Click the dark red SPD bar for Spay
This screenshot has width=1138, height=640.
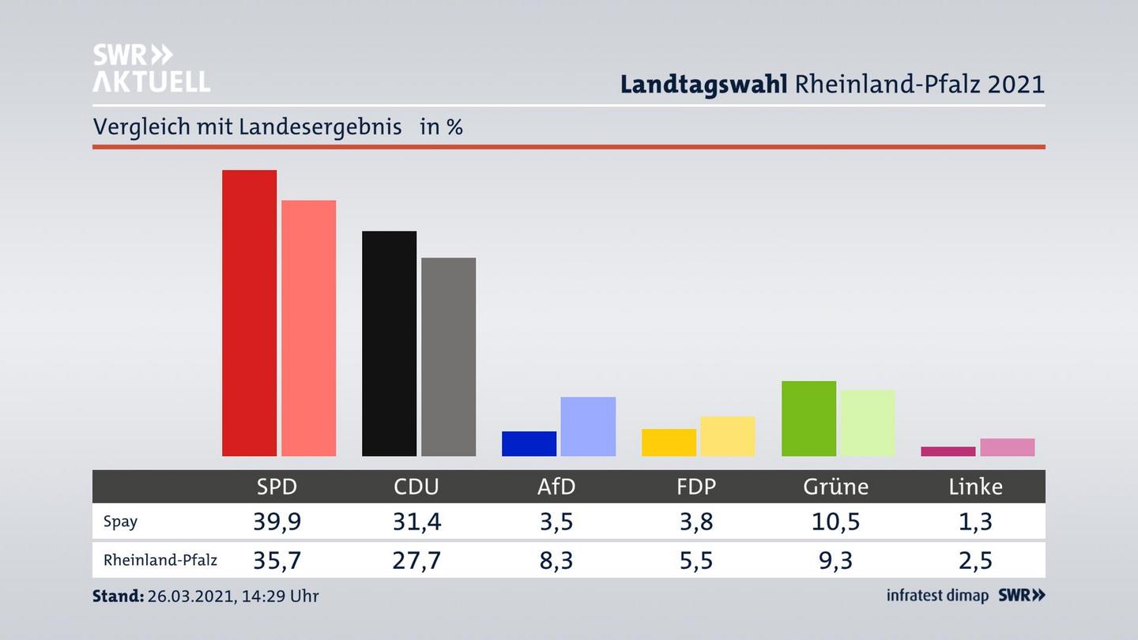[x=249, y=313]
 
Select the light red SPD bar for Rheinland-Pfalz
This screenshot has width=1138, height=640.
[x=308, y=328]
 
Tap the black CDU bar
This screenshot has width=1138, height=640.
[x=389, y=343]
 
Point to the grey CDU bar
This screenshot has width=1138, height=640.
[x=448, y=356]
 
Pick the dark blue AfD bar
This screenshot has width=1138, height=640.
[x=529, y=443]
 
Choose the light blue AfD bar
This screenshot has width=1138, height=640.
[x=588, y=426]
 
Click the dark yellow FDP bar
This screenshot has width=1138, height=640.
[x=669, y=442]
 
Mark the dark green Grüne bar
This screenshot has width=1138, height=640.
[x=808, y=418]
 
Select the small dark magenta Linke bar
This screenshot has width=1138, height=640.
[x=948, y=451]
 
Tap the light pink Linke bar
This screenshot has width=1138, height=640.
[x=1007, y=447]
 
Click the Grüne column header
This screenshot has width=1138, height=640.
[x=835, y=487]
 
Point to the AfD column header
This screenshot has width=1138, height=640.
[x=556, y=487]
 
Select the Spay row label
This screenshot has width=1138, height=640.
[x=120, y=521]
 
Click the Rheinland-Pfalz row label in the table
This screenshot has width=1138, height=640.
[x=160, y=560]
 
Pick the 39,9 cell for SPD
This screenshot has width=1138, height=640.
[x=277, y=521]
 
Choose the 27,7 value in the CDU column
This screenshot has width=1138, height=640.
[x=416, y=560]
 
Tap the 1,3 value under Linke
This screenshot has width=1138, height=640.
[x=975, y=521]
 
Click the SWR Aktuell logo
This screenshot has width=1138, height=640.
[x=151, y=68]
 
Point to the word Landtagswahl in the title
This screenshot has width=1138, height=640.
[x=703, y=84]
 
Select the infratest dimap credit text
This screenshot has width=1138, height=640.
[x=937, y=596]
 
